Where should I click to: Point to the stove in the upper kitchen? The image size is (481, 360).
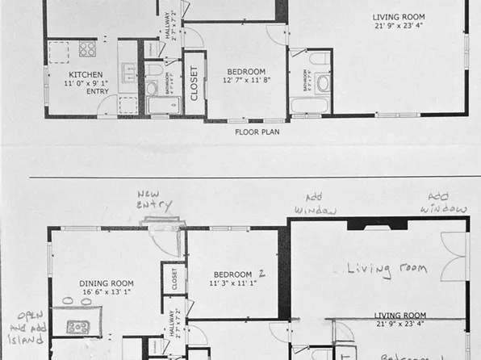[x=86, y=48]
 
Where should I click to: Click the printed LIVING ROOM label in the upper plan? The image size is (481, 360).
[x=398, y=17]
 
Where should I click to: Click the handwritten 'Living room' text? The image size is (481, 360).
[x=387, y=268]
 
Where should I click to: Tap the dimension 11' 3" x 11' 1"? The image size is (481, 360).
[x=233, y=283]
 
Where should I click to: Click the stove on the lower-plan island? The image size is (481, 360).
[x=78, y=327]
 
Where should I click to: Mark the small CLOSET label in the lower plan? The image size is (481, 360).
[x=174, y=278]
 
